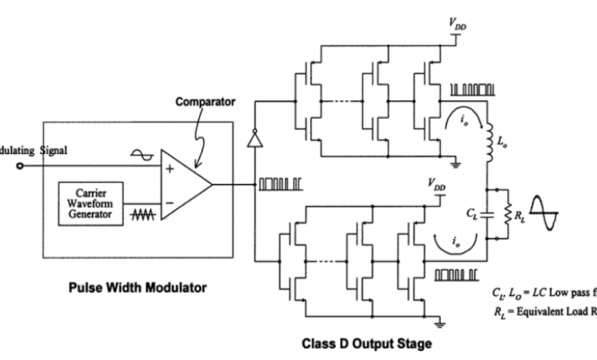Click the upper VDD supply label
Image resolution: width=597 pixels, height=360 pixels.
pyautogui.click(x=457, y=27)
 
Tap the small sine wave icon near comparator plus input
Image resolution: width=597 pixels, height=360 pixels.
pyautogui.click(x=143, y=155)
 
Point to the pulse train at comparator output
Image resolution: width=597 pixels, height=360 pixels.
pyautogui.click(x=276, y=184)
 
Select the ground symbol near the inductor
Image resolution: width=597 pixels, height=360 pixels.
pyautogui.click(x=457, y=162)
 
